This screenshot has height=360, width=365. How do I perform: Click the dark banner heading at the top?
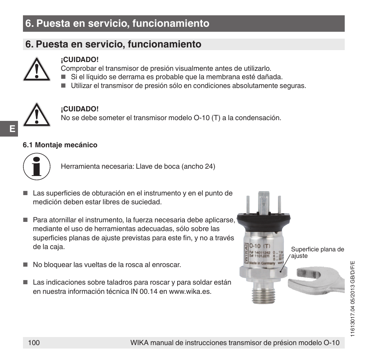[184, 24]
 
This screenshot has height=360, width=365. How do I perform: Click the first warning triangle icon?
[36, 69]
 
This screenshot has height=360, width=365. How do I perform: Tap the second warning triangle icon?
[36, 115]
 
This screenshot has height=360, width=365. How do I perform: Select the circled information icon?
[37, 167]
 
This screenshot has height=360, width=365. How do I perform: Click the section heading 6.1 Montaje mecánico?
[60, 145]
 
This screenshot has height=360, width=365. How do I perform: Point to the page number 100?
[34, 343]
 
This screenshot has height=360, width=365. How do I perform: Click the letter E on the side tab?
[12, 129]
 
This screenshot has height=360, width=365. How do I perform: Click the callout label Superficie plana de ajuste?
[317, 252]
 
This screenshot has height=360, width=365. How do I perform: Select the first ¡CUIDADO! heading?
[80, 60]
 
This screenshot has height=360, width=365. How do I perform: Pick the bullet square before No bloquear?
[26, 265]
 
